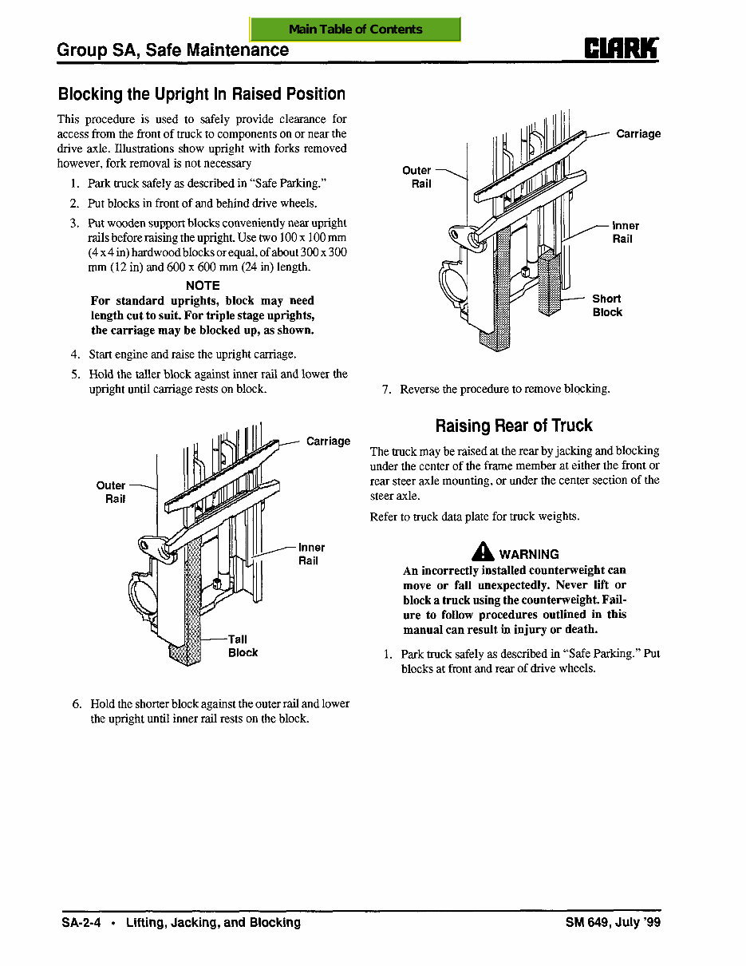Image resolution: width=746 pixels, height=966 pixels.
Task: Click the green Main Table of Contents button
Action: (355, 30)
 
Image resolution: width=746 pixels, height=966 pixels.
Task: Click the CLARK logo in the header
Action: (622, 49)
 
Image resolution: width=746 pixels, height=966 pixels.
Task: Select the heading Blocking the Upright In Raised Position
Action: (201, 94)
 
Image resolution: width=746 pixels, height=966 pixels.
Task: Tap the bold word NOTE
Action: (203, 285)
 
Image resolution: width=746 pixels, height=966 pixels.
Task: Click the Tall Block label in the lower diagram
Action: (242, 646)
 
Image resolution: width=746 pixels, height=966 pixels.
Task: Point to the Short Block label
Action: (607, 305)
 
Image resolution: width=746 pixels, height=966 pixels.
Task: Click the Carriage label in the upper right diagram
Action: (637, 133)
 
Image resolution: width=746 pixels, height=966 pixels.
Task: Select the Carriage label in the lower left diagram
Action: (328, 441)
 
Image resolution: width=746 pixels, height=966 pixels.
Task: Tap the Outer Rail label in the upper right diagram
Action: (417, 176)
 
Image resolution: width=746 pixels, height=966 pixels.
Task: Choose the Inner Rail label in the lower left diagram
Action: (311, 554)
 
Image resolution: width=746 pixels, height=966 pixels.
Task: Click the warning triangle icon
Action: (483, 552)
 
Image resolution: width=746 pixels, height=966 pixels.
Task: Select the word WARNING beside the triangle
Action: (529, 554)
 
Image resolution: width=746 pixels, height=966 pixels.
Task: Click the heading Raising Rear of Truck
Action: (514, 426)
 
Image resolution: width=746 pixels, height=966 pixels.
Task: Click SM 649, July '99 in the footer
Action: (613, 922)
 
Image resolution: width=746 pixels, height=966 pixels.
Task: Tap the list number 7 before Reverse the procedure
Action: (386, 390)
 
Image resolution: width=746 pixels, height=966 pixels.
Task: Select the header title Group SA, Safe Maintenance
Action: (173, 50)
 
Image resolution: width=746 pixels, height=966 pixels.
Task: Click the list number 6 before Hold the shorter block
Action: (77, 703)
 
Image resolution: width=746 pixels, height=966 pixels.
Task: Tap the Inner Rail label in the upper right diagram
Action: (626, 232)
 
